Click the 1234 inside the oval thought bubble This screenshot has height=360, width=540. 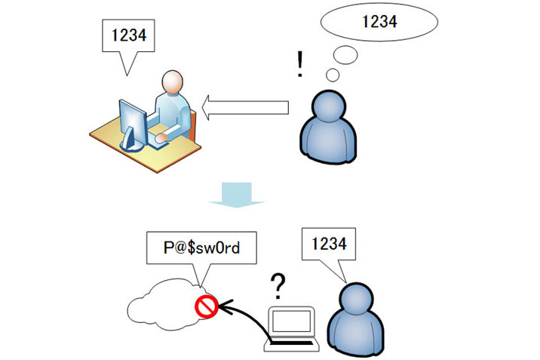379,21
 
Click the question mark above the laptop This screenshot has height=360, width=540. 278,286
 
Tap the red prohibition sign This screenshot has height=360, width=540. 207,306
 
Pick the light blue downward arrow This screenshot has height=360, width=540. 237,193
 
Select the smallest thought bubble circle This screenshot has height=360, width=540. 332,75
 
